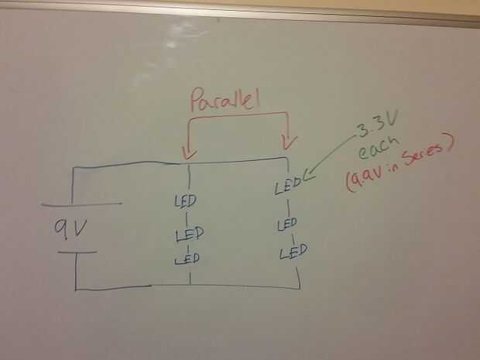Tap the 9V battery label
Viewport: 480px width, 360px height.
point(70,228)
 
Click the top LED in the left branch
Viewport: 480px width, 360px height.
point(186,201)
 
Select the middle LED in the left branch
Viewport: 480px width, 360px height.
point(187,234)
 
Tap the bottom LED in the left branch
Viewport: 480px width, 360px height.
point(187,259)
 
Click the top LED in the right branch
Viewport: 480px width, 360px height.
point(287,187)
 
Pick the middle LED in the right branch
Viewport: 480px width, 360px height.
point(286,224)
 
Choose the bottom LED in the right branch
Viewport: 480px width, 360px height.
point(293,252)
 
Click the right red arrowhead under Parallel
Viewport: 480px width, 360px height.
point(290,142)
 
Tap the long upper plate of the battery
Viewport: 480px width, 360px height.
point(81,204)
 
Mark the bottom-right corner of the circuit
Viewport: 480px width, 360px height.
point(299,289)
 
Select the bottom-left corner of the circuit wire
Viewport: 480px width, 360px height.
point(75,290)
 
